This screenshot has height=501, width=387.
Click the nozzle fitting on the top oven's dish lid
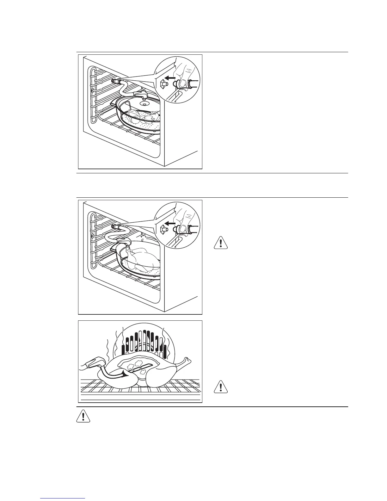tap(139, 94)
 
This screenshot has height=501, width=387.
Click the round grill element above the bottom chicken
tap(144, 343)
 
